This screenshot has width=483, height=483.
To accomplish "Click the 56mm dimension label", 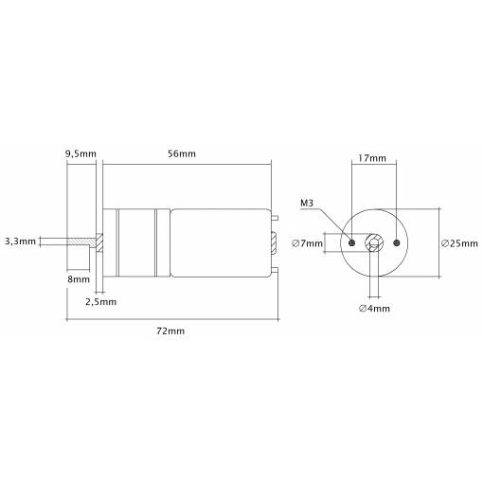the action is [182, 153].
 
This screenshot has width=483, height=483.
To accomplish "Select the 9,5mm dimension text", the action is [80, 154].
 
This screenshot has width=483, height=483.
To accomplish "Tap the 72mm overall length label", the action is [170, 331].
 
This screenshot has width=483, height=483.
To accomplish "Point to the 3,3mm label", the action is [20, 241].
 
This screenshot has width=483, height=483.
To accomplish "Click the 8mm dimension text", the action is [79, 279].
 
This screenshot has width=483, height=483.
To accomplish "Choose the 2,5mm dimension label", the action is [101, 302].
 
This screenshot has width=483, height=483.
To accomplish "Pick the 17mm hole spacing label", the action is [372, 158].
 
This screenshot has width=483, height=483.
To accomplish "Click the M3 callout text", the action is [307, 204].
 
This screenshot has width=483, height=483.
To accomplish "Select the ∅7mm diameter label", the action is [308, 243].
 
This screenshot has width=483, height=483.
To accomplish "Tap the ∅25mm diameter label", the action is [459, 243].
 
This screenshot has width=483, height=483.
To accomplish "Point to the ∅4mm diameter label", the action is [374, 309].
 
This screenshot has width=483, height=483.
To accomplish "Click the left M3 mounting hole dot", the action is [352, 242].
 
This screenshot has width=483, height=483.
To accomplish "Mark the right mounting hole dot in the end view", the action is [397, 242].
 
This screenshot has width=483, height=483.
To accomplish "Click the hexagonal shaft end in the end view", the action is [374, 243].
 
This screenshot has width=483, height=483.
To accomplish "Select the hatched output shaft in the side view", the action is [81, 241].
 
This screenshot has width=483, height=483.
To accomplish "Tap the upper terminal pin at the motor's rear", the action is [275, 218].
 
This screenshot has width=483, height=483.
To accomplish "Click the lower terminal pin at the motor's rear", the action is [275, 270].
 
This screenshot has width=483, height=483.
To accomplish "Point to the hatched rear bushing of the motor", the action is [274, 242].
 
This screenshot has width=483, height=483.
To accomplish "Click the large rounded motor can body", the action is [221, 243].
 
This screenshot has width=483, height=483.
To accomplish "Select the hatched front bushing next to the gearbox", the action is [99, 242].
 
